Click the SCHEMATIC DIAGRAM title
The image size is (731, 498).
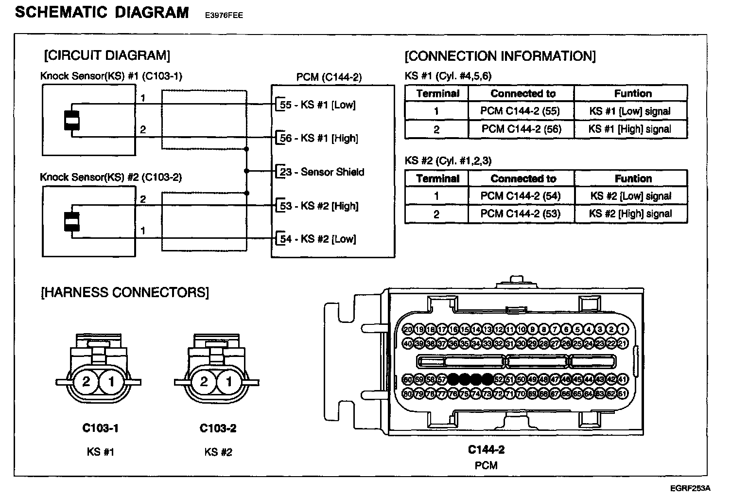(102, 12)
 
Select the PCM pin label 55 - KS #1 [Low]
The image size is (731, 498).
(317, 105)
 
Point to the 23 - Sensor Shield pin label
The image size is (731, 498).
(321, 172)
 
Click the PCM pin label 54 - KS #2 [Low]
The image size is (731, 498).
(317, 239)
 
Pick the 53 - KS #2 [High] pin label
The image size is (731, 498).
(319, 206)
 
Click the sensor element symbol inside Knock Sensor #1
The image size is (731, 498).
(72, 121)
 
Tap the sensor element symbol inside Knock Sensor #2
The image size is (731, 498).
(72, 222)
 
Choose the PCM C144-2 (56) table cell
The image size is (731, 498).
(521, 129)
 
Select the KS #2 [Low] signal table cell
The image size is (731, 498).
(630, 196)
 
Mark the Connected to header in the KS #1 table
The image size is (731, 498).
(523, 93)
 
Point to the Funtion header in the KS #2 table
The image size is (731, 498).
(633, 178)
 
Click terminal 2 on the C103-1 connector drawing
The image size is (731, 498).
(87, 381)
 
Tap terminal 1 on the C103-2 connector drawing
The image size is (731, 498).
(229, 381)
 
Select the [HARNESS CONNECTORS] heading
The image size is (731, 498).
(125, 292)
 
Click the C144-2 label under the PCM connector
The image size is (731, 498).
(486, 449)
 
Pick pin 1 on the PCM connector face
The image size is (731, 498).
(623, 329)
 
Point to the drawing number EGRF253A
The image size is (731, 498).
(690, 488)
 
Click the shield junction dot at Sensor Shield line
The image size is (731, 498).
(247, 171)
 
